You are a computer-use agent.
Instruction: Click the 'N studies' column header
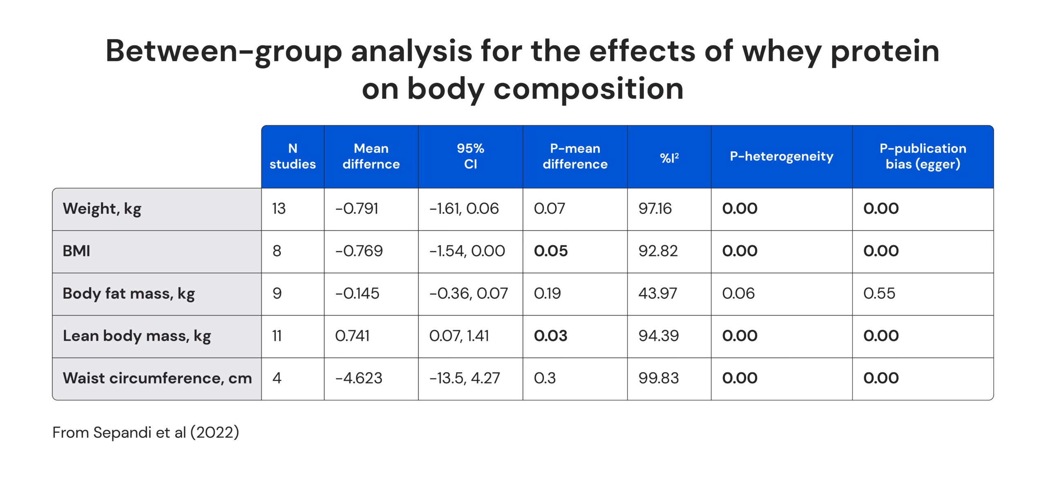tap(293, 156)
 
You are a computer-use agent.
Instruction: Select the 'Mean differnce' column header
tap(371, 156)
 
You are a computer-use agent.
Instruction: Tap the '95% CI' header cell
tap(470, 156)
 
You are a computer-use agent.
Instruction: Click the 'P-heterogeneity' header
tap(781, 156)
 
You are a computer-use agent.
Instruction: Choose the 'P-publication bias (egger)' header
tap(923, 156)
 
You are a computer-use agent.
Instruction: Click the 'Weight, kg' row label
tap(102, 209)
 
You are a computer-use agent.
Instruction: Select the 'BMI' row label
tap(76, 251)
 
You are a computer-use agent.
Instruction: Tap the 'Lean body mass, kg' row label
tap(137, 336)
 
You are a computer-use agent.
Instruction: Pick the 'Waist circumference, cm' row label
tap(157, 378)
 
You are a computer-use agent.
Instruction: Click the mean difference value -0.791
tap(357, 209)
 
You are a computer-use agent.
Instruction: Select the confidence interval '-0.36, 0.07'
tap(468, 293)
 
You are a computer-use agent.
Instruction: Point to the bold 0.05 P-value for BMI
tap(550, 251)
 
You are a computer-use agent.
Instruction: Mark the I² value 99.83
tap(658, 378)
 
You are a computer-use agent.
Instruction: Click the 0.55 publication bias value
tap(879, 293)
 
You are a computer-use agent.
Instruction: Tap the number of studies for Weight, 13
tap(279, 209)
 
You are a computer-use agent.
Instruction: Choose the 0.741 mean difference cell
tap(352, 336)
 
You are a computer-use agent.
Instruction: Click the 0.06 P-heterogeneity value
tap(738, 293)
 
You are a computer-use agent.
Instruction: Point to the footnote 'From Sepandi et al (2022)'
tap(145, 432)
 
